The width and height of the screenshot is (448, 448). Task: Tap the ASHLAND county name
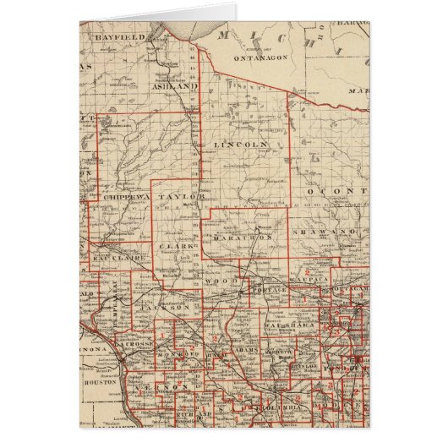point(174,86)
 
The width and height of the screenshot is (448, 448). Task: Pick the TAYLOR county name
point(183,196)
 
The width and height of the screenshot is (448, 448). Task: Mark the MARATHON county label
point(242,238)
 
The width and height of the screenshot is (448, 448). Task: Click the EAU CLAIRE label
point(119,254)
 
